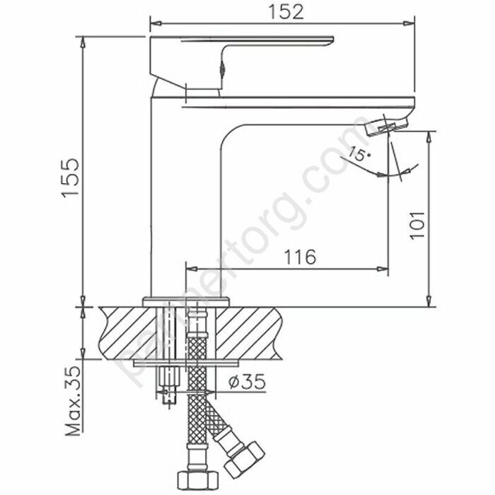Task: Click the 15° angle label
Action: click(359, 154)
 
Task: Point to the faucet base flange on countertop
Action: click(187, 301)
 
